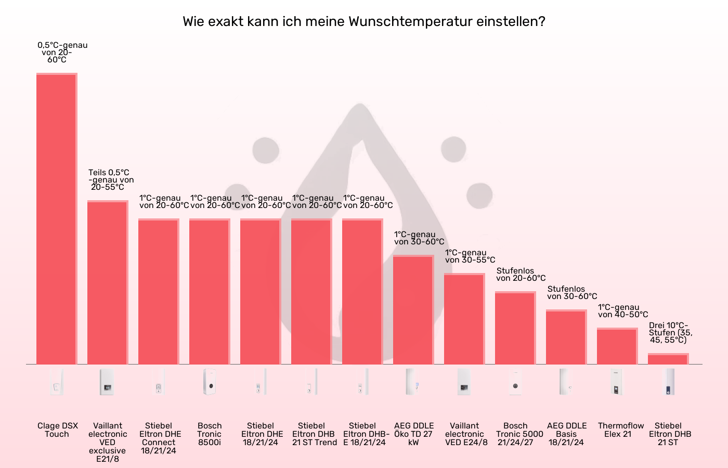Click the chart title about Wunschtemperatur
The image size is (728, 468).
click(364, 22)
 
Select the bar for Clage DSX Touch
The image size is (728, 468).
click(57, 218)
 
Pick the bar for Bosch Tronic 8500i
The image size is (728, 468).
click(210, 291)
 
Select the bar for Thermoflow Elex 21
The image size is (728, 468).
click(617, 346)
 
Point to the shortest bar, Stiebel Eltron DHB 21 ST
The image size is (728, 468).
click(668, 359)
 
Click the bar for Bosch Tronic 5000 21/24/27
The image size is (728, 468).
click(515, 328)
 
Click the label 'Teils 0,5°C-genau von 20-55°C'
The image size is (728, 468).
click(110, 180)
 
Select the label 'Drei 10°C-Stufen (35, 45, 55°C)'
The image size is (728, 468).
click(670, 333)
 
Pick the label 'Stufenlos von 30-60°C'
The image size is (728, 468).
click(571, 293)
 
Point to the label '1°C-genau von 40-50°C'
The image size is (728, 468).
click(622, 311)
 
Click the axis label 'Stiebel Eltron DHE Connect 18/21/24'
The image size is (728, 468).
click(159, 438)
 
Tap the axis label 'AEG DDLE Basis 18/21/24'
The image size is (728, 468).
click(566, 434)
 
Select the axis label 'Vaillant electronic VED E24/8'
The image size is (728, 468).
click(465, 434)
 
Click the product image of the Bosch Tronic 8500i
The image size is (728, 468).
click(210, 382)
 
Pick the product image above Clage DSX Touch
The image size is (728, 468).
click(57, 382)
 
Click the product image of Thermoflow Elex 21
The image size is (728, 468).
click(617, 382)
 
